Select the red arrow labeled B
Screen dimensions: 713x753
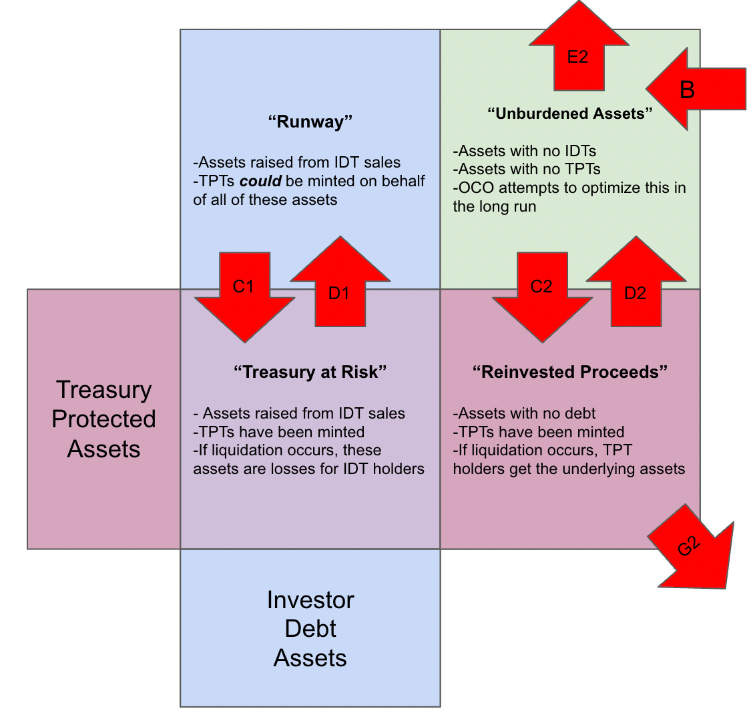694,89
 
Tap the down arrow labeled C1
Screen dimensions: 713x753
244,294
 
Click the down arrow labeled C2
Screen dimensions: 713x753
542,294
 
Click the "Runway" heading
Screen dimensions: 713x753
310,122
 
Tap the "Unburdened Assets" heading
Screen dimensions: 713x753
570,113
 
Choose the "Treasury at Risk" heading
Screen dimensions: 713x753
310,372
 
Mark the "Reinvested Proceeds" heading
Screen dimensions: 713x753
570,372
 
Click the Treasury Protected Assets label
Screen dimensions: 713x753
104,419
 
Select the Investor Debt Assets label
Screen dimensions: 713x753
310,628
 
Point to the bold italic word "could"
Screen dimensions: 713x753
260,181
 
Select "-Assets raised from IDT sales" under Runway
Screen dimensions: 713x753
297,162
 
